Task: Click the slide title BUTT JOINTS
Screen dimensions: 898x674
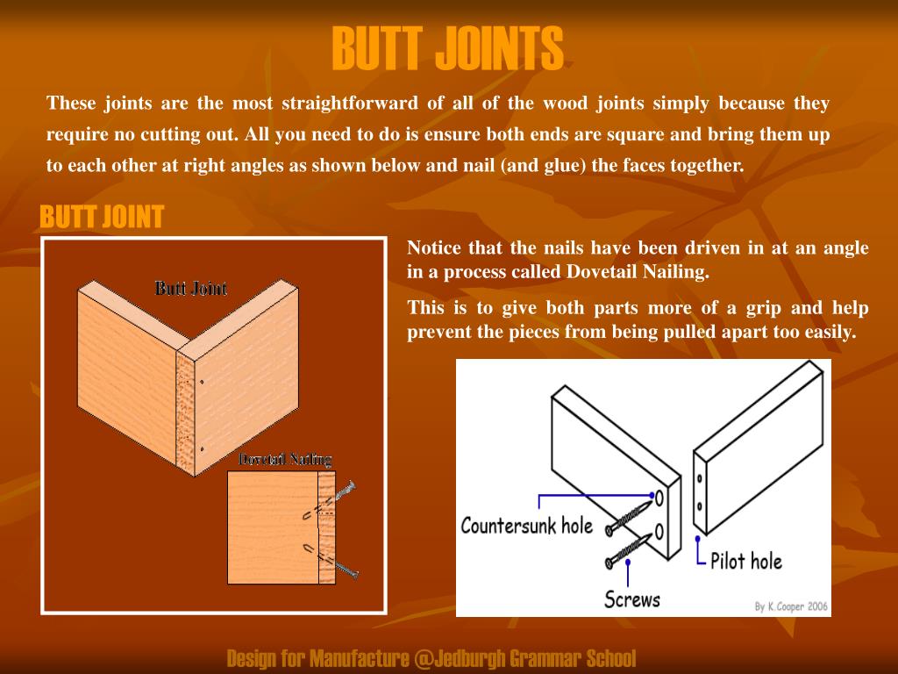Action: pyautogui.click(x=447, y=48)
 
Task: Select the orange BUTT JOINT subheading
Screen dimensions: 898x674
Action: pyautogui.click(x=102, y=217)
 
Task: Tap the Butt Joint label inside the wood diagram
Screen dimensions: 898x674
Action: pyautogui.click(x=191, y=288)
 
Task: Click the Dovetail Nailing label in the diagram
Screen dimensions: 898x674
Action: pyautogui.click(x=285, y=459)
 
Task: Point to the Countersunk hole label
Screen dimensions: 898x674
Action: pyautogui.click(x=527, y=527)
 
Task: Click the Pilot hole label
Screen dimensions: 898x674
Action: pyautogui.click(x=745, y=561)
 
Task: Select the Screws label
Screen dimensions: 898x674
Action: pyautogui.click(x=631, y=599)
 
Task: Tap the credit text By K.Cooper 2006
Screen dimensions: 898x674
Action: pyautogui.click(x=791, y=606)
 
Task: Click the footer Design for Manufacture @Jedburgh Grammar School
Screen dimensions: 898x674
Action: pyautogui.click(x=431, y=658)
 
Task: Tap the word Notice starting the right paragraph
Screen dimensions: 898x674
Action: pyautogui.click(x=435, y=247)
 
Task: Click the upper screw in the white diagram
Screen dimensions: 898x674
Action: pyautogui.click(x=632, y=515)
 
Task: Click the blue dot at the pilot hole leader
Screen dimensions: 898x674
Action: pyautogui.click(x=696, y=538)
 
